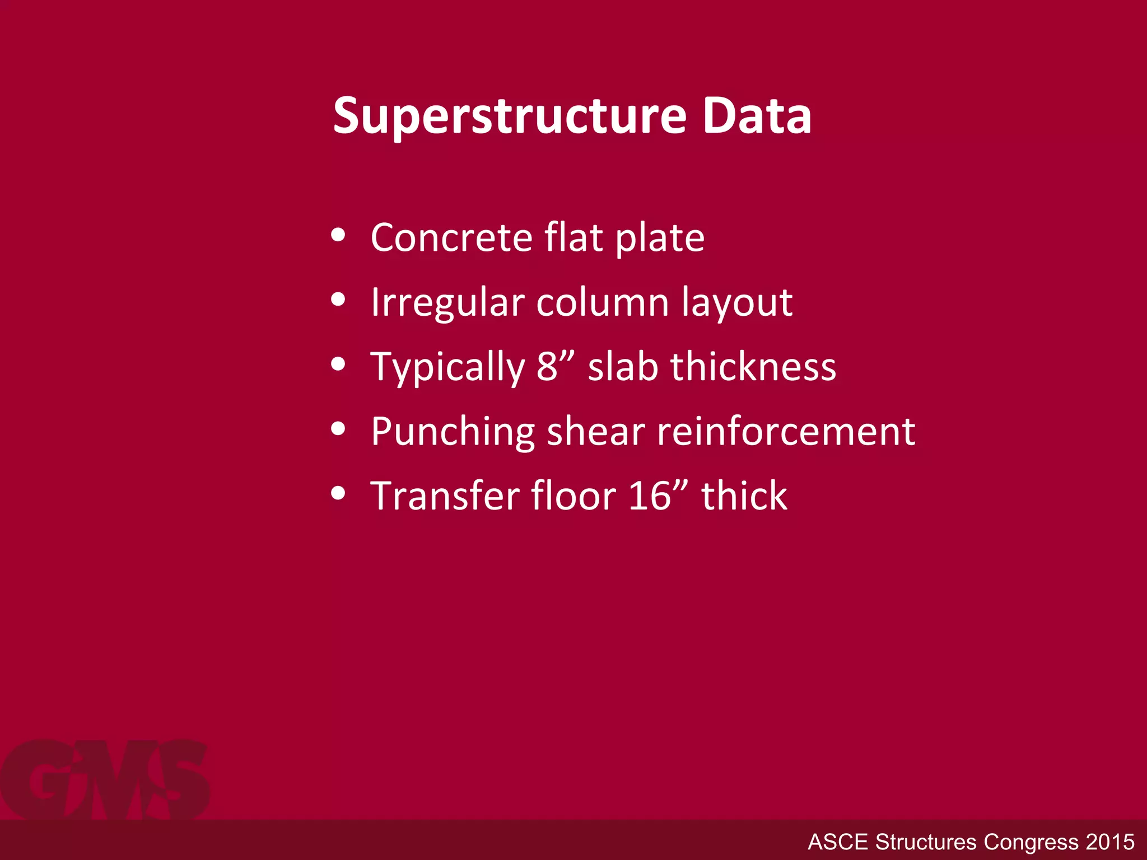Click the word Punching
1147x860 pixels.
tap(453, 432)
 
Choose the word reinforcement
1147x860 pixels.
tap(786, 431)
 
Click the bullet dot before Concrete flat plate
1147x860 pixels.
tap(338, 235)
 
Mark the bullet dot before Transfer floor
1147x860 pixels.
tap(338, 493)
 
